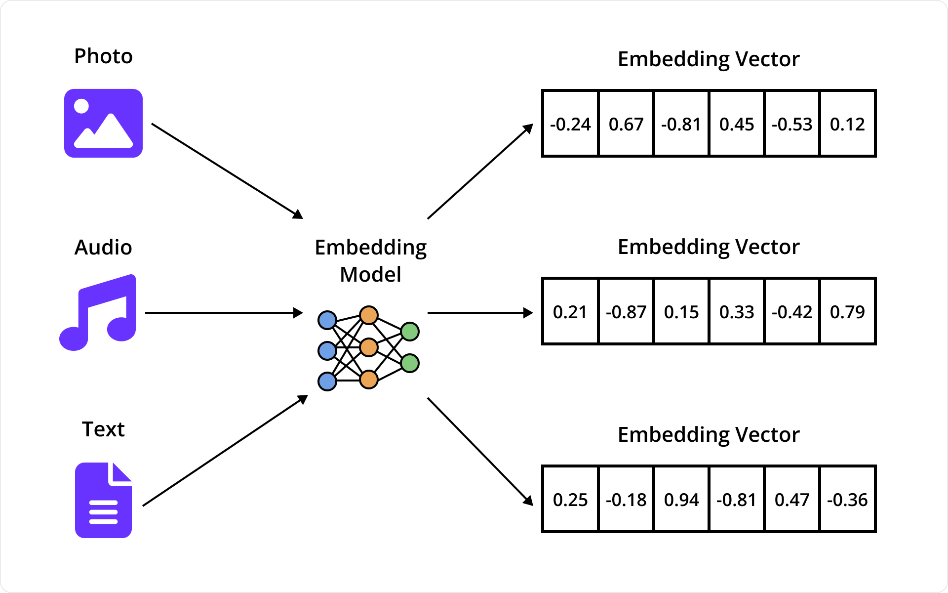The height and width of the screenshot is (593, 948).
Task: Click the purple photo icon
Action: click(x=103, y=123)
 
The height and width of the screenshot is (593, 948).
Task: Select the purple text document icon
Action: click(x=103, y=500)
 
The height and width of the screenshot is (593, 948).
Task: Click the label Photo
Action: click(x=103, y=56)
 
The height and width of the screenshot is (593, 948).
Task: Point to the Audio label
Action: click(x=103, y=247)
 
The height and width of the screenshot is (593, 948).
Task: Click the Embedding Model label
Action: click(x=370, y=260)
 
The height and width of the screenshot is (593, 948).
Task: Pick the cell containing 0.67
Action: click(x=626, y=124)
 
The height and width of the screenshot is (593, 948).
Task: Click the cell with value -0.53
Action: click(x=791, y=124)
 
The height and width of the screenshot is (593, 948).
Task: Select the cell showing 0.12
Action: click(x=847, y=124)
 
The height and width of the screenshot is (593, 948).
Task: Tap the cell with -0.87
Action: click(x=626, y=312)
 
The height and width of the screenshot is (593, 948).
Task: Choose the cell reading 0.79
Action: click(x=847, y=312)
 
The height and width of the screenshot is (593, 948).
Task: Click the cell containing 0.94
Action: click(x=681, y=500)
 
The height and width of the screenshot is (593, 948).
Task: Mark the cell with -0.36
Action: click(x=847, y=500)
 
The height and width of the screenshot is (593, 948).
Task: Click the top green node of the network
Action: click(x=410, y=331)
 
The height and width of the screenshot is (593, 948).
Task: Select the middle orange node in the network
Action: click(x=369, y=347)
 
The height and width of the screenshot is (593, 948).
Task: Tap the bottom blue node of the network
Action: click(x=327, y=381)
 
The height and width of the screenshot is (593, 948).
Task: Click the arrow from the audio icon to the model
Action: click(x=222, y=313)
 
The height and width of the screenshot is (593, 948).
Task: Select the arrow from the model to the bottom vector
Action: click(x=479, y=451)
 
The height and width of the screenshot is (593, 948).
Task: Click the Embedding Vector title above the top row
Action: click(x=709, y=59)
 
